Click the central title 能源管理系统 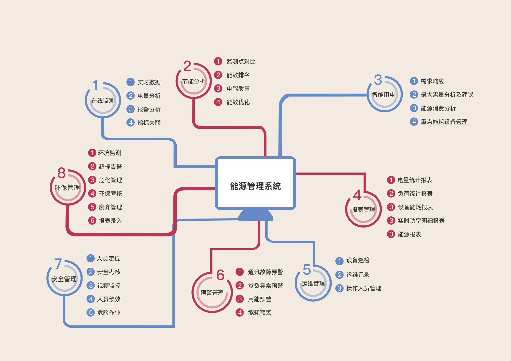(255, 186)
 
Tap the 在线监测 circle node (103, 100)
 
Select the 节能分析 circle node (194, 81)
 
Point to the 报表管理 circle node (363, 209)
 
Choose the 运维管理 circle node (313, 283)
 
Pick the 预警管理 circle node (212, 293)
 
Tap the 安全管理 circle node (64, 279)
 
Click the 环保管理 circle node (67, 187)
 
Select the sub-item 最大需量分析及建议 (447, 95)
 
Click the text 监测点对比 (241, 61)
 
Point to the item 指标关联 (149, 123)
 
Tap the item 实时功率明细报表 (421, 221)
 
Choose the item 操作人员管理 (364, 288)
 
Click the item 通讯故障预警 (265, 272)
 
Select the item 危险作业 (109, 313)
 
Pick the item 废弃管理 (110, 207)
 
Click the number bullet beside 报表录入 (92, 220)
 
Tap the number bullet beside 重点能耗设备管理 (414, 122)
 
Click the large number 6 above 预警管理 (220, 275)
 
